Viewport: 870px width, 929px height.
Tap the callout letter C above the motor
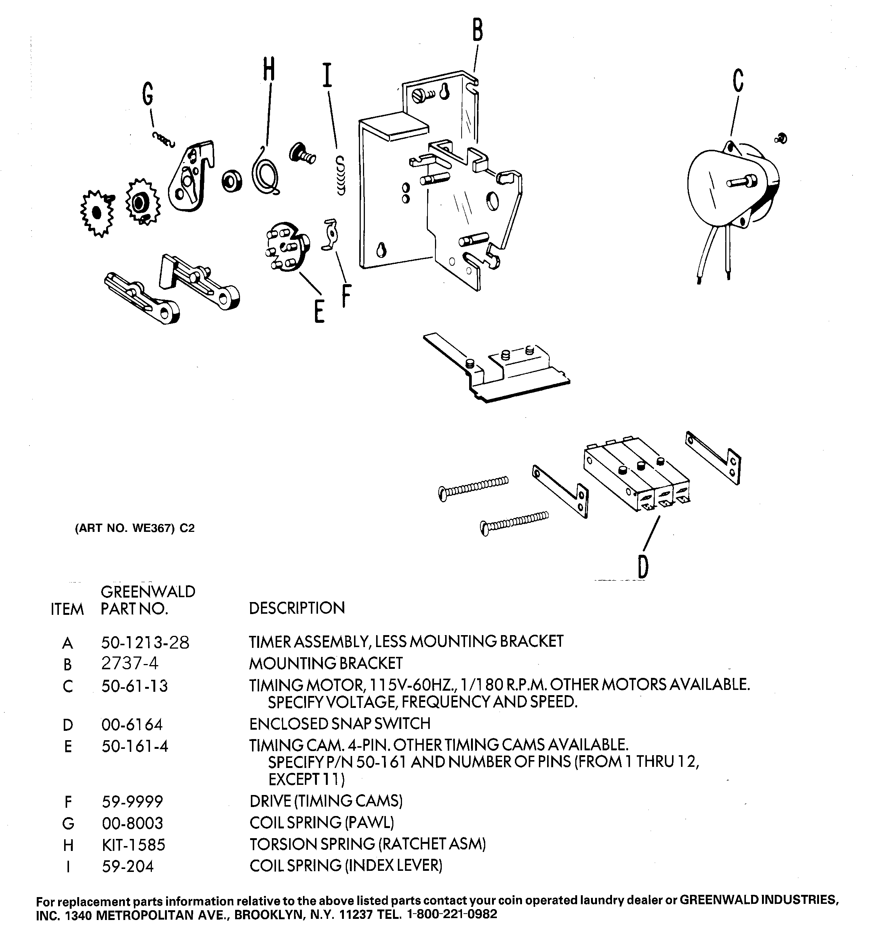coord(738,80)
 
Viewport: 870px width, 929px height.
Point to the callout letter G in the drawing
coord(148,94)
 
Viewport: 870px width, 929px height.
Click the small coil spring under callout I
coord(340,176)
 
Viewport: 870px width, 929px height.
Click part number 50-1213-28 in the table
coord(145,643)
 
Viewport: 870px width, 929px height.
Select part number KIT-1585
coord(133,845)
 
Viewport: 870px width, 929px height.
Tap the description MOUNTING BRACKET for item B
coord(325,663)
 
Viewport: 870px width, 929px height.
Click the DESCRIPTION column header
coord(297,608)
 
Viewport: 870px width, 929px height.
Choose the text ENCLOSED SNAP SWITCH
coord(339,723)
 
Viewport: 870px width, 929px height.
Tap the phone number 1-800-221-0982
coord(452,914)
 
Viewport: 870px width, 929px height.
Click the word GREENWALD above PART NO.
coord(148,592)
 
